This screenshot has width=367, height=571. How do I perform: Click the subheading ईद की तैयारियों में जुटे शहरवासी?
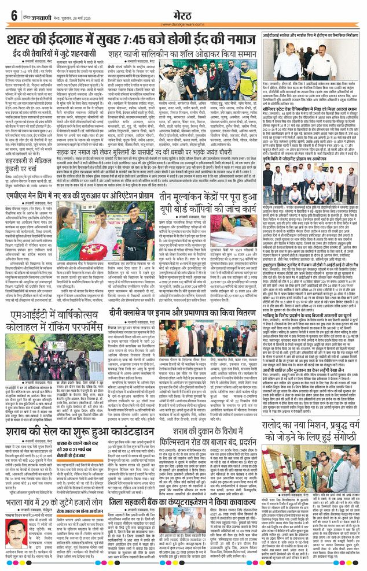click(53, 54)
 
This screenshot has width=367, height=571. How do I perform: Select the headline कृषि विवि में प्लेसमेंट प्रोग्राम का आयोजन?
click(307, 161)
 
